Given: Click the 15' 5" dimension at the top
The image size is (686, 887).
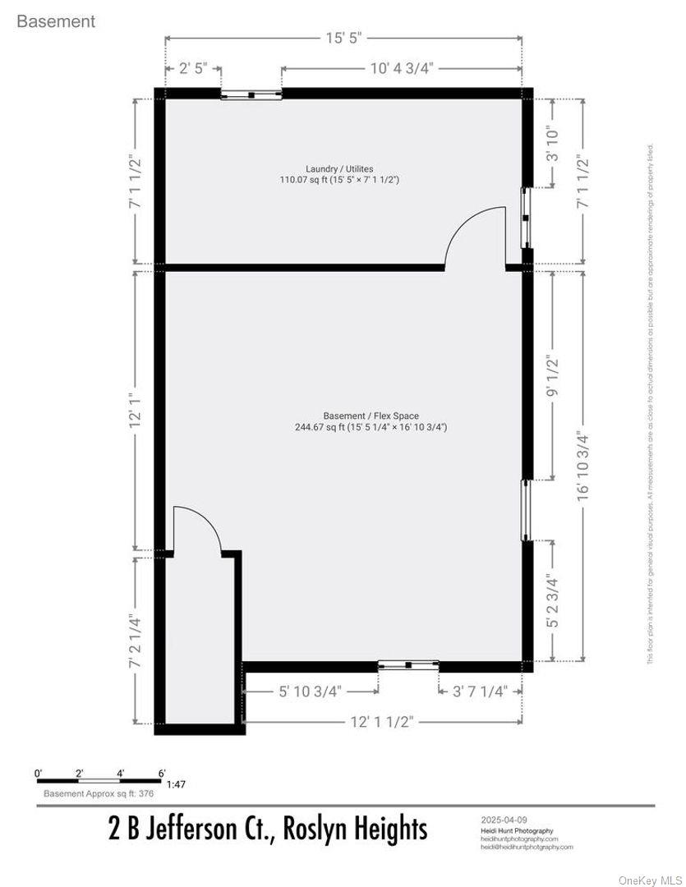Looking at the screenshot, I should [343, 39].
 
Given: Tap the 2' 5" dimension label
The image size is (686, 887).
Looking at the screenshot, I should [193, 69].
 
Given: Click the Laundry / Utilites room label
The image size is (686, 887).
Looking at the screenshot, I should [339, 168].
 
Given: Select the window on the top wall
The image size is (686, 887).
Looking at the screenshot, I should [251, 94].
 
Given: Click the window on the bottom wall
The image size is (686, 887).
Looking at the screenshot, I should [407, 664].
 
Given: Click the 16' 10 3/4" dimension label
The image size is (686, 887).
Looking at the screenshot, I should [583, 464].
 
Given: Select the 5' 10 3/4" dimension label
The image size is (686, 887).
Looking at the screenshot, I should [310, 692].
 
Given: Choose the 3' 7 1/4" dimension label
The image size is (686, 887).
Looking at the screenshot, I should [481, 692].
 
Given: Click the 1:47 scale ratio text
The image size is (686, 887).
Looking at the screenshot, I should [175, 784].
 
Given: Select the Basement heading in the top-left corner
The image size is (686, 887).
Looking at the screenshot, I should [56, 22].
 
